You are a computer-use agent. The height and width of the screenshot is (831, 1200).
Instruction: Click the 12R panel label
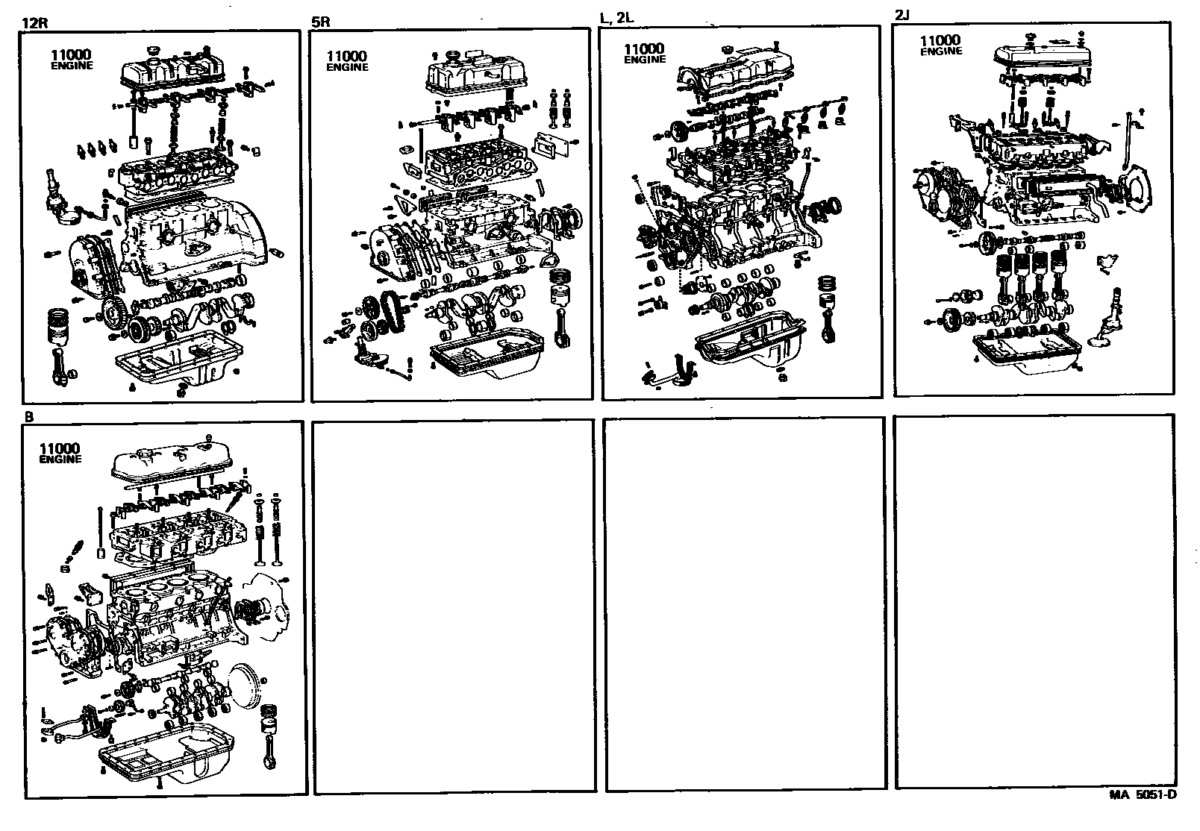(36, 22)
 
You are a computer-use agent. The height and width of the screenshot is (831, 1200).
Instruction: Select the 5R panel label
(320, 22)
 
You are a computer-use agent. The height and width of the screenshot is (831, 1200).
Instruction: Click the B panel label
(29, 417)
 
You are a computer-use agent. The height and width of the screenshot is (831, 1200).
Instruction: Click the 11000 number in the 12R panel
(72, 54)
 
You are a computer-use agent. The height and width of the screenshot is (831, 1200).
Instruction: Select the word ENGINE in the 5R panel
(347, 67)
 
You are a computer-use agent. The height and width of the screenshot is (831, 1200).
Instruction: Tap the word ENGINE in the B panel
(60, 460)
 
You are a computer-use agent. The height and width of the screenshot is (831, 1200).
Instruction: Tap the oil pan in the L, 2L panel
(754, 347)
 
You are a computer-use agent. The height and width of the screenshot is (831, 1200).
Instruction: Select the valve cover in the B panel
(170, 465)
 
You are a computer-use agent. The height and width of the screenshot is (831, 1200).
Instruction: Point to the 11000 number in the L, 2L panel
(645, 48)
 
